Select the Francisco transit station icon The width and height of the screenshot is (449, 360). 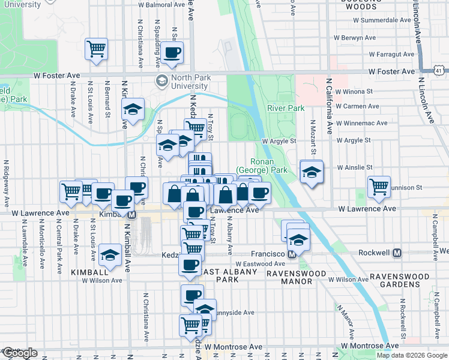click(x=292, y=254)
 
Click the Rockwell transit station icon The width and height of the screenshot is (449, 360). click(x=397, y=253)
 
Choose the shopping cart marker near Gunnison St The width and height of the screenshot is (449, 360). click(x=379, y=187)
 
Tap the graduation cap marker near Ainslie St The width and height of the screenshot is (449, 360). click(x=312, y=172)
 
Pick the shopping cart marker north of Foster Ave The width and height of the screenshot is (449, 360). click(x=96, y=49)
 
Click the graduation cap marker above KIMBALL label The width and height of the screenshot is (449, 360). click(x=110, y=254)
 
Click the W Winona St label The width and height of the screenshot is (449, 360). click(x=354, y=92)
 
